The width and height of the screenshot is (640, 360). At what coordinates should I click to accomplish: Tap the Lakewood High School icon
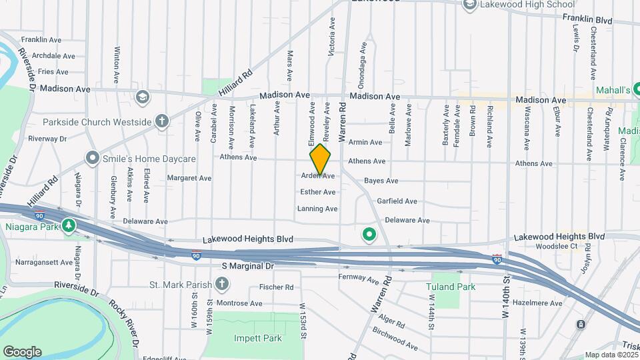point(469,5)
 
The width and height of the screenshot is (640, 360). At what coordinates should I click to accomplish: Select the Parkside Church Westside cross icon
point(161,121)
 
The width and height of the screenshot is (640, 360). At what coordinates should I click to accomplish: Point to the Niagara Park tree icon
point(69,226)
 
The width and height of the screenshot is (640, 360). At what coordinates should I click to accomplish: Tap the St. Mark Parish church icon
point(222,285)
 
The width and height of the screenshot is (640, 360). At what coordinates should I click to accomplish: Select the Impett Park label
point(258,338)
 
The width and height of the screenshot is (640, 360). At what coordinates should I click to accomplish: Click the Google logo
point(22,351)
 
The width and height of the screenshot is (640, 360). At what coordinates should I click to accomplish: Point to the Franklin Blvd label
point(587,20)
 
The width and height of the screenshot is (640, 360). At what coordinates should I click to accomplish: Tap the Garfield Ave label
point(397,201)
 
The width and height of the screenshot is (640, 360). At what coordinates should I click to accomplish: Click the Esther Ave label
point(318,192)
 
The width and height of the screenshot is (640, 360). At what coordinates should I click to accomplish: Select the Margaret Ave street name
point(189,178)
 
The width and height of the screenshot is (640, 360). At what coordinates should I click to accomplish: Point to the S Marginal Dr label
point(248,266)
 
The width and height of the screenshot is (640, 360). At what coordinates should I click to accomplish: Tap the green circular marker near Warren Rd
point(368,234)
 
